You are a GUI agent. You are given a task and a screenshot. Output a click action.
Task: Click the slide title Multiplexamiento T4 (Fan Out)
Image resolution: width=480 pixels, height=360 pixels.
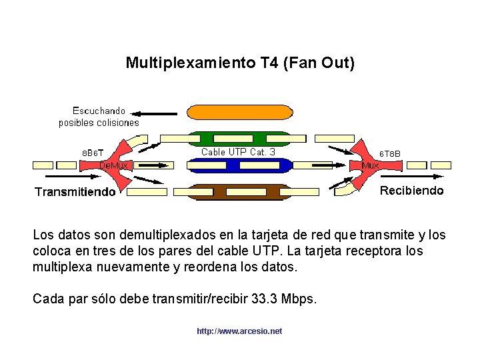(240, 63)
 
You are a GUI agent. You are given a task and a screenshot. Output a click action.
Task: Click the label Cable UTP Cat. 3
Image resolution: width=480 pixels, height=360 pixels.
(238, 151)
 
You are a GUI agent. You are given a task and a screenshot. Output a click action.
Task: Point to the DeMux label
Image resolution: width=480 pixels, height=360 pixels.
(118, 165)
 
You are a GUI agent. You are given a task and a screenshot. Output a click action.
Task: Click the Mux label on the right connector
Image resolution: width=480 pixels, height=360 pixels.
(370, 165)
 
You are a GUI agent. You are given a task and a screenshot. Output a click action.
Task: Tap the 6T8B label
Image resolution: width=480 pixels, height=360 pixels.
(390, 154)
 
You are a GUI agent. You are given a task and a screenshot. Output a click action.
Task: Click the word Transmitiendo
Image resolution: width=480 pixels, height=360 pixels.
(75, 193)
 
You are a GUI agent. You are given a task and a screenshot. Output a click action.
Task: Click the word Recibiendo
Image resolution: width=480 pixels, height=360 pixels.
(411, 191)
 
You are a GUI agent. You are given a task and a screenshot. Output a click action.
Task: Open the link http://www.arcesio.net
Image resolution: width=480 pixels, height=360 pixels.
(239, 331)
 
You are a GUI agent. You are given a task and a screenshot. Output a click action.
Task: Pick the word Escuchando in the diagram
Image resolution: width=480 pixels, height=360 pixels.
(99, 111)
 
